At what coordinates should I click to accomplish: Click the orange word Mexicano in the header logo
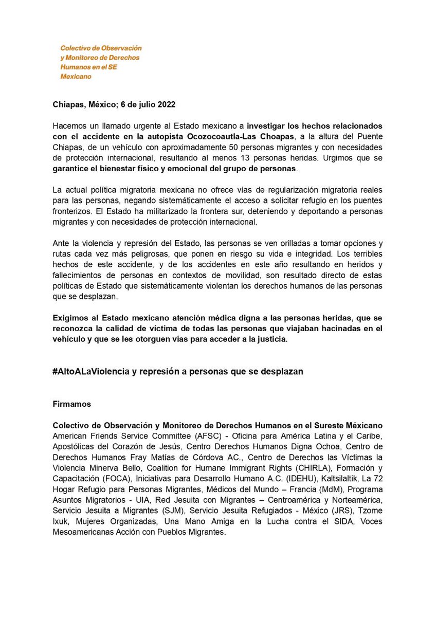(x=76, y=77)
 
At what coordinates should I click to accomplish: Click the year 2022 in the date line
(x=166, y=105)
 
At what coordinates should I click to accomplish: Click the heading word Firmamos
(x=72, y=404)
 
